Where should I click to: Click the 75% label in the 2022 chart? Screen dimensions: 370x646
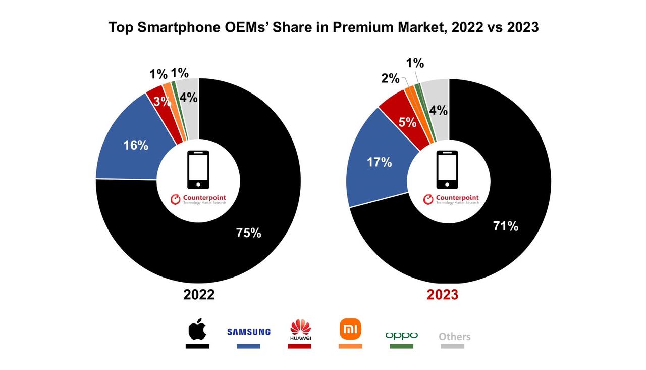click(x=248, y=233)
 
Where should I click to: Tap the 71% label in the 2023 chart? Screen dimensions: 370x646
click(x=505, y=226)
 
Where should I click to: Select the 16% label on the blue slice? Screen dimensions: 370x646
click(x=136, y=146)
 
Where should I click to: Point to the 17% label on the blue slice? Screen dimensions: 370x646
click(x=379, y=162)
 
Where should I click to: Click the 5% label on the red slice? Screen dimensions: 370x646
click(x=407, y=122)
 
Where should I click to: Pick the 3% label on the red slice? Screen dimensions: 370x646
click(x=163, y=101)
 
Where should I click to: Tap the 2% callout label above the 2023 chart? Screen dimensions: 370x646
click(x=390, y=79)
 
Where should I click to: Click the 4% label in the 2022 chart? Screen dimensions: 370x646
click(x=188, y=98)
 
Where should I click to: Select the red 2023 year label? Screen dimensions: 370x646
click(x=442, y=295)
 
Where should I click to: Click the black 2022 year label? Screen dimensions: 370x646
click(x=198, y=295)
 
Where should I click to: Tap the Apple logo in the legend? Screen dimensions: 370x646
click(x=197, y=330)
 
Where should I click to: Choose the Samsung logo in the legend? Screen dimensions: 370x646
click(x=248, y=332)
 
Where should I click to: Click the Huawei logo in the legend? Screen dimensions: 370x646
click(x=300, y=330)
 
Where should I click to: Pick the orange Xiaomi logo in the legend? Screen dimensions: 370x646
click(x=350, y=330)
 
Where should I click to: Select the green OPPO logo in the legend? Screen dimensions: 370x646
click(x=401, y=335)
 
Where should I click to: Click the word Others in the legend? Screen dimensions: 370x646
click(x=454, y=336)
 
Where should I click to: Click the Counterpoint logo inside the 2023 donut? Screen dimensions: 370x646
click(x=451, y=199)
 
